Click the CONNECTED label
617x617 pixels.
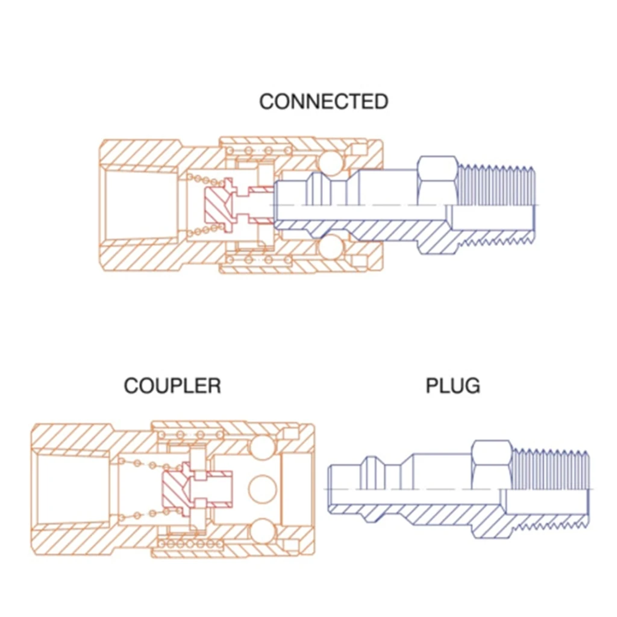pyautogui.click(x=324, y=101)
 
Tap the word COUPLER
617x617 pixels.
pyautogui.click(x=172, y=385)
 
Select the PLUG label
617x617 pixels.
pyautogui.click(x=453, y=385)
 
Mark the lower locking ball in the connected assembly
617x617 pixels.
pyautogui.click(x=330, y=247)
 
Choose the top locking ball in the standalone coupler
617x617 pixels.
pyautogui.click(x=262, y=446)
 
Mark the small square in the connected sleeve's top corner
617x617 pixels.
pyautogui.click(x=360, y=148)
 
